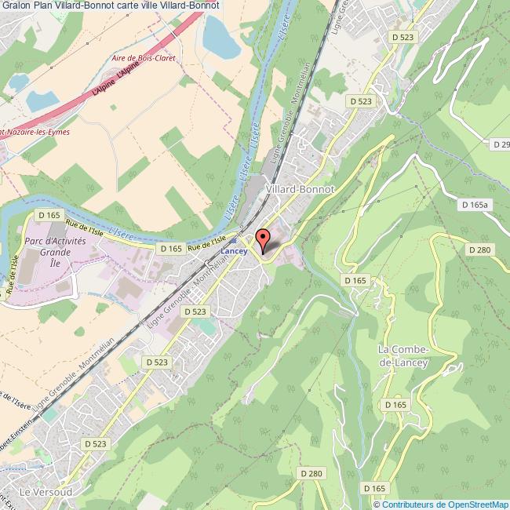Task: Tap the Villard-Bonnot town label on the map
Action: click(x=301, y=189)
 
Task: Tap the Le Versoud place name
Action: click(x=46, y=491)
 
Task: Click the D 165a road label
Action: click(x=474, y=205)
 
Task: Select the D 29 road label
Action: click(x=501, y=144)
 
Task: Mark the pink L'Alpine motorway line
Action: click(x=118, y=78)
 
